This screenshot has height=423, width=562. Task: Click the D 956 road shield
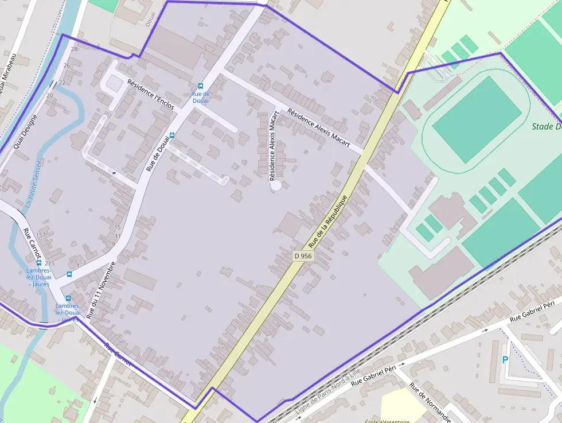302,256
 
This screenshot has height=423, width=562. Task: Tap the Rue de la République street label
328,222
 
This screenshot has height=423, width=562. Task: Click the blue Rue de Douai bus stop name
200,97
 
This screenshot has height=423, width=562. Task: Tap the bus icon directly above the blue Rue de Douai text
200,86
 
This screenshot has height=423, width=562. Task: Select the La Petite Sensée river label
33,183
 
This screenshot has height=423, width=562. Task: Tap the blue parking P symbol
505,360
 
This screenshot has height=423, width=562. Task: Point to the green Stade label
545,127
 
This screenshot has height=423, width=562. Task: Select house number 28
73,49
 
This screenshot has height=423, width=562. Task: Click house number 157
41,235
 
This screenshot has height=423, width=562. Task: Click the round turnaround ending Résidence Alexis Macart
276,185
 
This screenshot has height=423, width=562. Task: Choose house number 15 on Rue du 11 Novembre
118,228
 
